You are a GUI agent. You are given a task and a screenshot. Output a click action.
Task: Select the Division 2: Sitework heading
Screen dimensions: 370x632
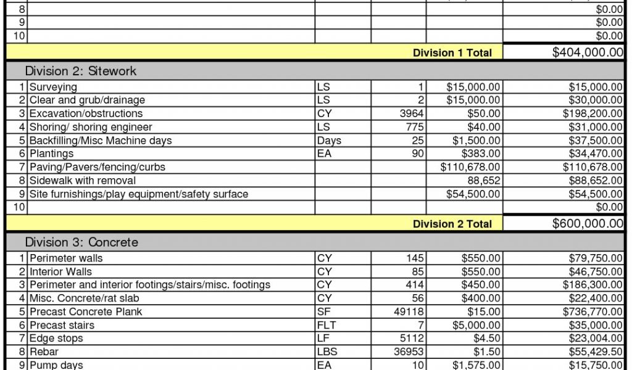(80, 71)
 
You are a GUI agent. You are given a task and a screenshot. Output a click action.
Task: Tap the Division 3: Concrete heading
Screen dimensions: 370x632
(81, 242)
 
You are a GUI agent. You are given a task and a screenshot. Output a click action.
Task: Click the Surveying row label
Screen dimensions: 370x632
(53, 87)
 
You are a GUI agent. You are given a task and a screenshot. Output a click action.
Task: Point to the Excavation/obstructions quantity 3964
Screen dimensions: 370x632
(412, 113)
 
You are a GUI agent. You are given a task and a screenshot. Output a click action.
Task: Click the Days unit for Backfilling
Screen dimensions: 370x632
(328, 141)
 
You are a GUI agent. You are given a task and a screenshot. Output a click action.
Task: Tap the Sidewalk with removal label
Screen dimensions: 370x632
(82, 181)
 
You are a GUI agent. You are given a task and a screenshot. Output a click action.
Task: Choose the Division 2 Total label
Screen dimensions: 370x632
(452, 224)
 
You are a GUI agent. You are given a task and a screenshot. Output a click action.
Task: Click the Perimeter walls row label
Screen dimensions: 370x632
(66, 258)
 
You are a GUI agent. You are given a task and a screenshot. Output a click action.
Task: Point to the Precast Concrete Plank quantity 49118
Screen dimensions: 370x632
(409, 312)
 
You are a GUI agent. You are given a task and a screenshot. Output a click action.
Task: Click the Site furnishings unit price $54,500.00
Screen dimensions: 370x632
(473, 194)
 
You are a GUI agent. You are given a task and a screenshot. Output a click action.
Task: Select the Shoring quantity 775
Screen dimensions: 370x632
(415, 127)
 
